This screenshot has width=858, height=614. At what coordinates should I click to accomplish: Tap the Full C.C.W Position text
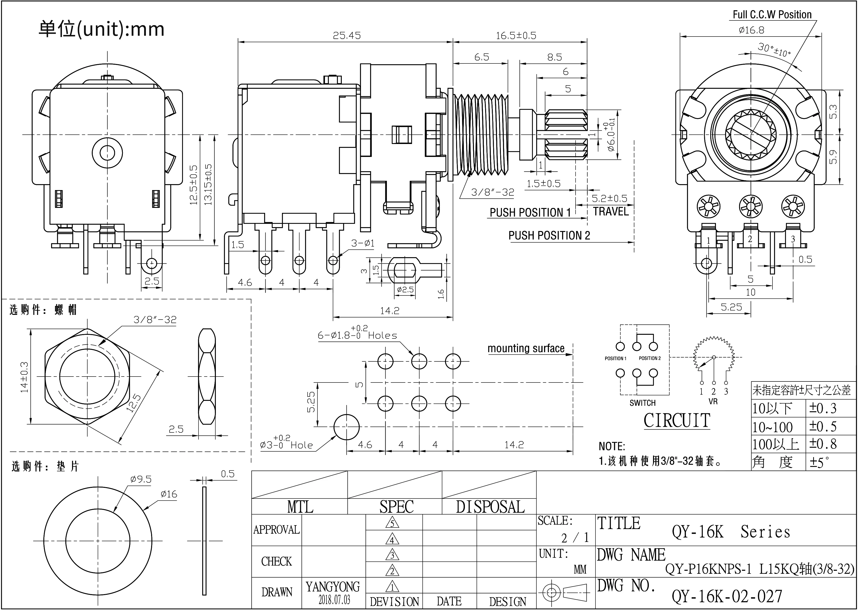[772, 15]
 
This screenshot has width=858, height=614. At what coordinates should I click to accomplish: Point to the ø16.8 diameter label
[751, 30]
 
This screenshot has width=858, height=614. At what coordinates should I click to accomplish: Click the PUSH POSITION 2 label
[549, 236]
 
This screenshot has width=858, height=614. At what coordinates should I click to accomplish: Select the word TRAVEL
[611, 211]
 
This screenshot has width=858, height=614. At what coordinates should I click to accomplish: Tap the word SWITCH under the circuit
[642, 403]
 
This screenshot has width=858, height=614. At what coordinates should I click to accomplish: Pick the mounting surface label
[526, 348]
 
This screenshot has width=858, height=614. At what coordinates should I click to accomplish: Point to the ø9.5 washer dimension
[141, 479]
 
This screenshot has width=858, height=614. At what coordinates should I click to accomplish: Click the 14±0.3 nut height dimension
[24, 377]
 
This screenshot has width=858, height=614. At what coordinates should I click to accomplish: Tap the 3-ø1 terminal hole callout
[363, 243]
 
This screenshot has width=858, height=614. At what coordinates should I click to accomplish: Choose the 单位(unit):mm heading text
[101, 29]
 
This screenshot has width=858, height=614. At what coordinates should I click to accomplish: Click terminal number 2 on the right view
[750, 239]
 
